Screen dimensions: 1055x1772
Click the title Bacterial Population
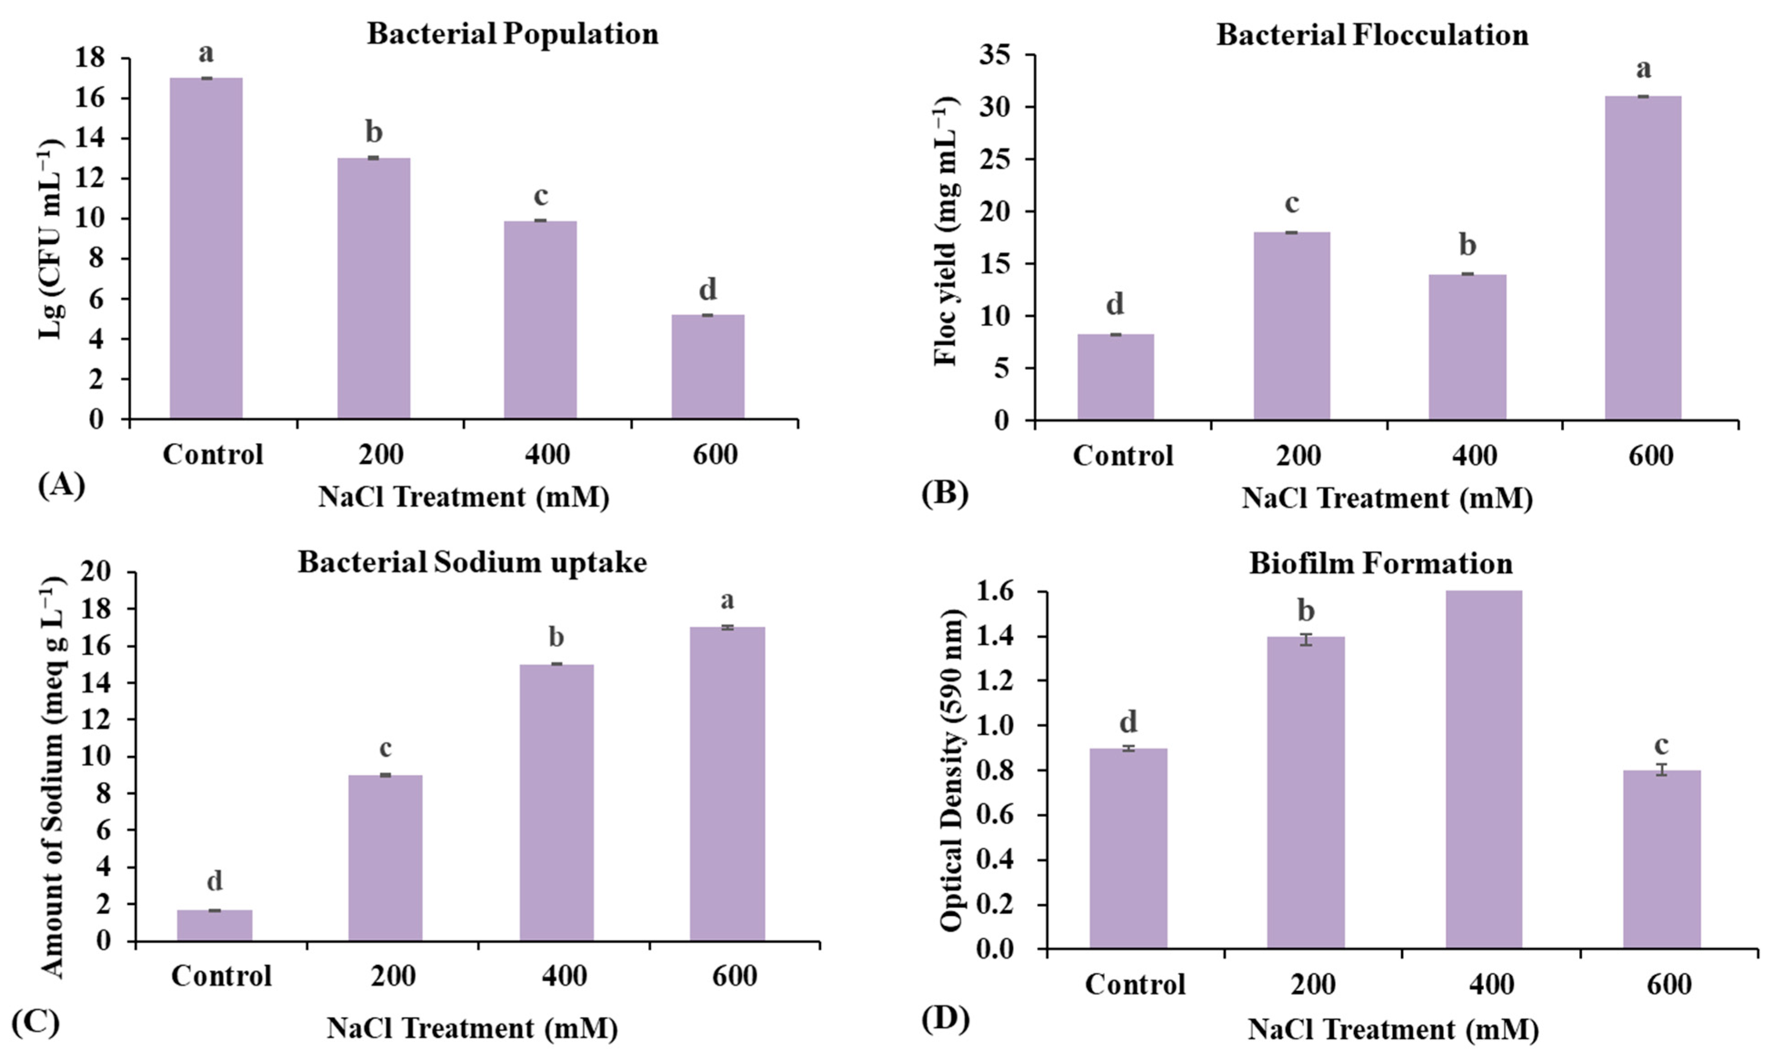click(512, 34)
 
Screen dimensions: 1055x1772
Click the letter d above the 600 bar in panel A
click(708, 289)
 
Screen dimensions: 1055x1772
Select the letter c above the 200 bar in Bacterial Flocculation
click(1291, 204)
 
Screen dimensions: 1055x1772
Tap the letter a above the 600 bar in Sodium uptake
click(727, 600)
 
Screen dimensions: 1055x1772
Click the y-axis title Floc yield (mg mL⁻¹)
click(946, 231)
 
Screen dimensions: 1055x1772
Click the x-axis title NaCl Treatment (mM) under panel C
click(471, 1028)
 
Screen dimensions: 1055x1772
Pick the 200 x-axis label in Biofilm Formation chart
click(1312, 984)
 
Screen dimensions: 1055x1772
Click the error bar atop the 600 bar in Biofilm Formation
click(1661, 770)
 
